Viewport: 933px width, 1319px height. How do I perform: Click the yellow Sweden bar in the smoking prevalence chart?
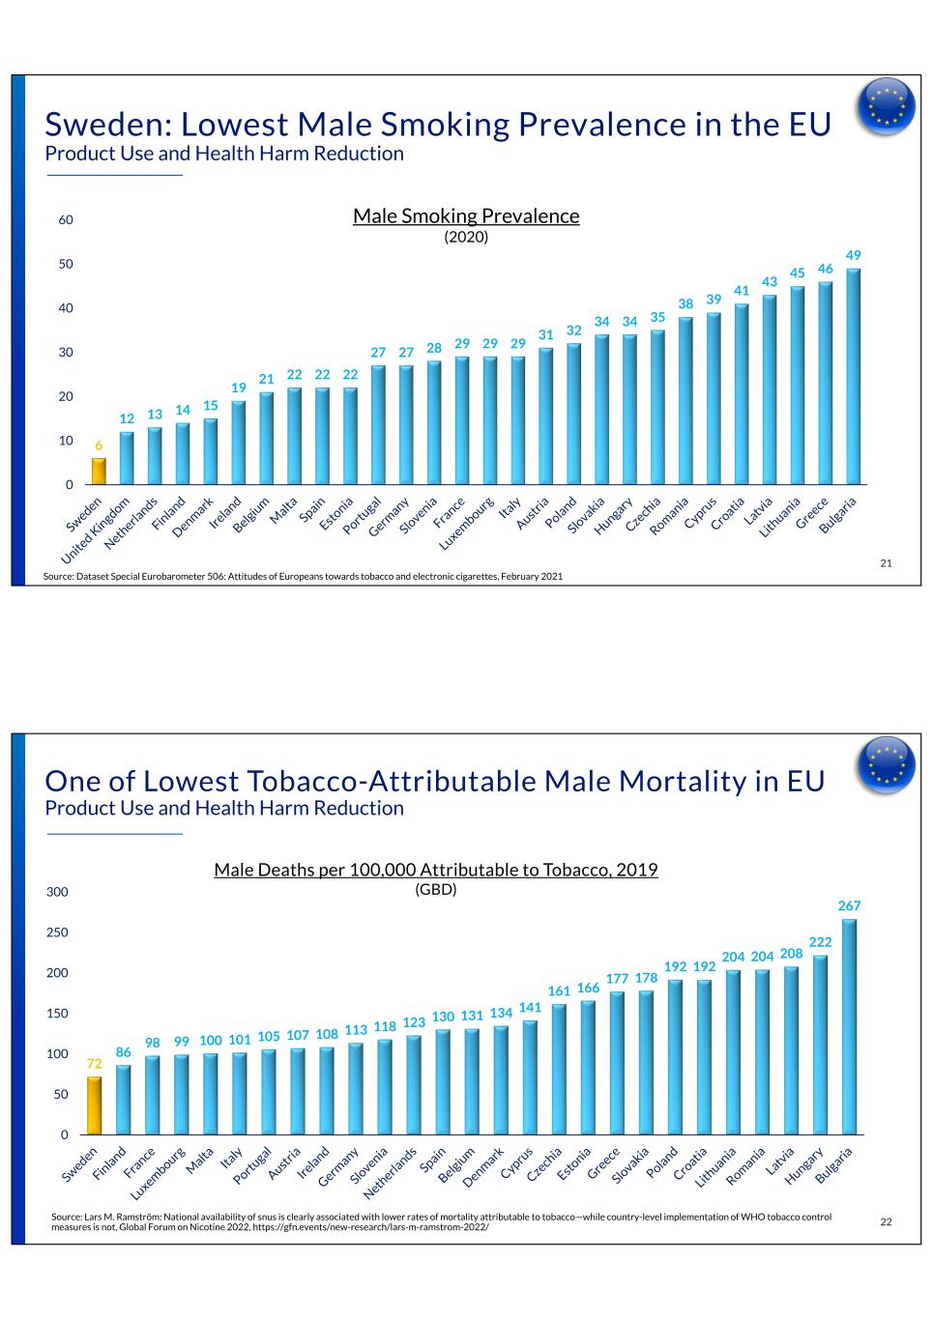point(99,472)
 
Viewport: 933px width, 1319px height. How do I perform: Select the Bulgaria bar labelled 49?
point(854,377)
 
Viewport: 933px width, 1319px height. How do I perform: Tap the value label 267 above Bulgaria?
point(849,905)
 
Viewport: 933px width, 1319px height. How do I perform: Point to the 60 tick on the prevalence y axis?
point(66,220)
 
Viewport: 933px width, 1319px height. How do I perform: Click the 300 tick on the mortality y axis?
point(58,892)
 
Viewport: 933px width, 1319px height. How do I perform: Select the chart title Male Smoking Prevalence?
point(466,215)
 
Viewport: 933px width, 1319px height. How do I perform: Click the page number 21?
point(886,563)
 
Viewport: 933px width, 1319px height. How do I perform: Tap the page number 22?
point(886,1222)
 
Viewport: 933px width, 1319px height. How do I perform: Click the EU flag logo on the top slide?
point(887,106)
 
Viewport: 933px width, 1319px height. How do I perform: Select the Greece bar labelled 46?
point(826,384)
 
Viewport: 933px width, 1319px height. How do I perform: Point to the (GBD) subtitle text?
point(435,889)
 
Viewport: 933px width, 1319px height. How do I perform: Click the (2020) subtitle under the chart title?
point(466,236)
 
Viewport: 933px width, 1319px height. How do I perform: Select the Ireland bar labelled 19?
point(238,443)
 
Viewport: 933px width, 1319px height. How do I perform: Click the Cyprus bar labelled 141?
point(530,1077)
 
